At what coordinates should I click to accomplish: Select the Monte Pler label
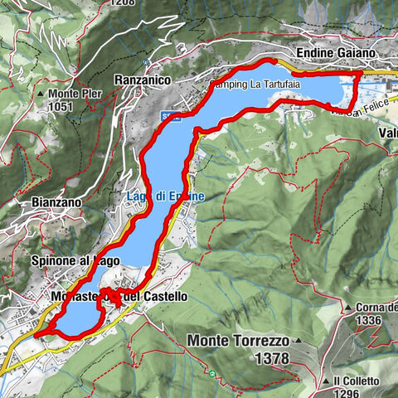coord(74,94)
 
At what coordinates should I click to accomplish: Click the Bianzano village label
coord(55,202)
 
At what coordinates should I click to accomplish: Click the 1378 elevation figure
coord(272,358)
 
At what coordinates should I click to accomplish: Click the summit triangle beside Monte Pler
coord(41,94)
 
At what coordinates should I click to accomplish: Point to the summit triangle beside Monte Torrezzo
coord(297,341)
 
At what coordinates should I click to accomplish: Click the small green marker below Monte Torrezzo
coord(213,375)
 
